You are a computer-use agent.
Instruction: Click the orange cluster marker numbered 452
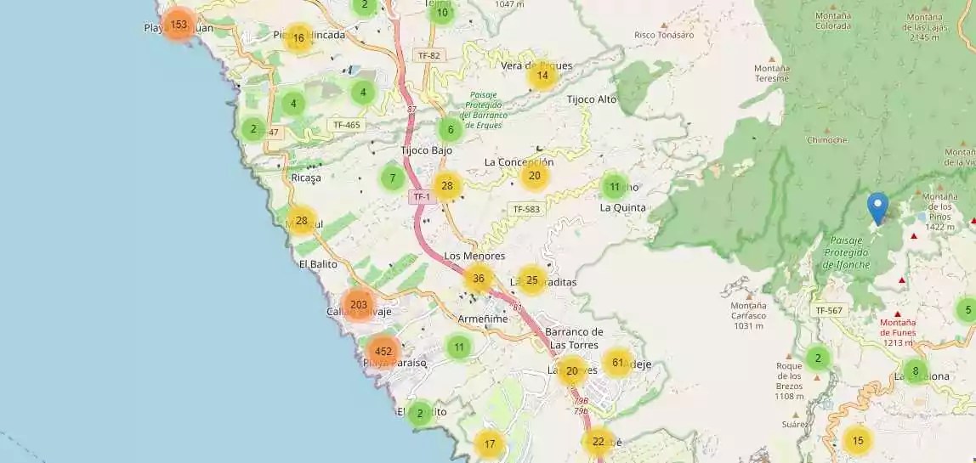(383, 351)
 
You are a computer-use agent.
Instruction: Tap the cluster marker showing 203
(358, 304)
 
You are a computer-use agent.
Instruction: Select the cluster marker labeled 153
(179, 25)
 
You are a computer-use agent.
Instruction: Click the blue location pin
(877, 208)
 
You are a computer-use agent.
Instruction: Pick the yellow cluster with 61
(617, 363)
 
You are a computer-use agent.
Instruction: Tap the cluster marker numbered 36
(478, 278)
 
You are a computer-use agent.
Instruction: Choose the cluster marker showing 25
(532, 279)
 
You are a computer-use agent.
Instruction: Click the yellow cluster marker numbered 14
(542, 76)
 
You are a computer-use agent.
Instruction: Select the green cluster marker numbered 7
(392, 178)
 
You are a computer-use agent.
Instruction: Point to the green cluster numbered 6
(451, 130)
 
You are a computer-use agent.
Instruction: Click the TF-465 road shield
(347, 125)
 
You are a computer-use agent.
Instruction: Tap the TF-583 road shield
(527, 209)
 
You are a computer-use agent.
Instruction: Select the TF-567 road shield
(829, 310)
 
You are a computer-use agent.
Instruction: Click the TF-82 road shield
(429, 55)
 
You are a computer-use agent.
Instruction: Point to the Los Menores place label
(474, 256)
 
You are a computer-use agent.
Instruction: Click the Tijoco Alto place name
(592, 99)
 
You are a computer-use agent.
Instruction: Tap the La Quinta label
(623, 206)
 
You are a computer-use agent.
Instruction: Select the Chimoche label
(827, 140)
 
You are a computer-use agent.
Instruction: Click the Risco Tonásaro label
(664, 35)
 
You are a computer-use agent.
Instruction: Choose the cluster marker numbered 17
(490, 443)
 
